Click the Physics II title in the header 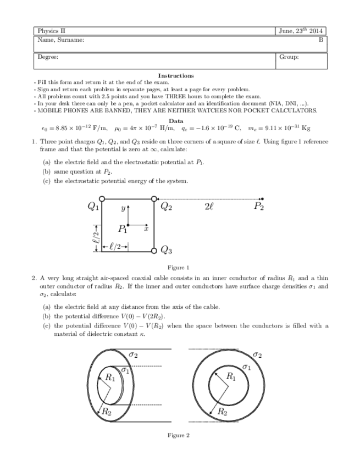(x=52, y=31)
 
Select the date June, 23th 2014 (x=302, y=31)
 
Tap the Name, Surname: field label (x=60, y=40)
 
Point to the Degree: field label (x=48, y=57)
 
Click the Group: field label (x=289, y=57)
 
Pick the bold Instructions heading (x=175, y=75)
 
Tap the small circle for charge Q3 (x=154, y=251)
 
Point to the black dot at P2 (x=263, y=198)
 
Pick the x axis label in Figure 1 (x=146, y=230)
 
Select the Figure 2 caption (x=178, y=435)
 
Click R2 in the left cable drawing (x=106, y=411)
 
